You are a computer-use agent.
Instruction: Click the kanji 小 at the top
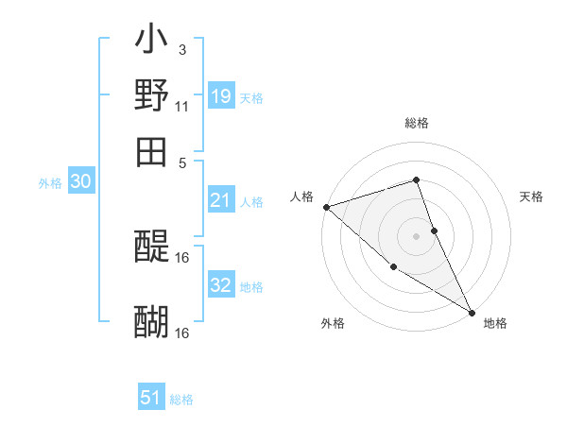(x=152, y=42)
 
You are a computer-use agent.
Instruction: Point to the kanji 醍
(x=152, y=248)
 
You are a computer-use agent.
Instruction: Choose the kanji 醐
(x=152, y=322)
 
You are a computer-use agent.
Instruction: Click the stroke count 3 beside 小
(x=181, y=48)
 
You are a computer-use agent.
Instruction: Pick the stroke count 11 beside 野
(x=181, y=105)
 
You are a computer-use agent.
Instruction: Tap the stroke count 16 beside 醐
(x=182, y=333)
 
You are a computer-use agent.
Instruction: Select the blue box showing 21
(x=220, y=199)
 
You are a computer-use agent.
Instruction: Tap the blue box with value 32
(x=220, y=284)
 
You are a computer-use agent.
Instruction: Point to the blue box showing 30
(x=80, y=181)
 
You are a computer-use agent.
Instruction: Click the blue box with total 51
(x=151, y=398)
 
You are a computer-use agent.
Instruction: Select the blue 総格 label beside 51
(x=181, y=400)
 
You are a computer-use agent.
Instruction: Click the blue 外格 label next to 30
(x=50, y=183)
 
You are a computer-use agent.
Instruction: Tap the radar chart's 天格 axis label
(x=531, y=196)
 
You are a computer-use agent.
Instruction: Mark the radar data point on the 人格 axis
(x=326, y=207)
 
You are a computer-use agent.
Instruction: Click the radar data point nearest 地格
(x=472, y=312)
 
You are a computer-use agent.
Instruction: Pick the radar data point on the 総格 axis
(x=416, y=179)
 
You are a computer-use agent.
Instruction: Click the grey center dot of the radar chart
(x=416, y=235)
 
